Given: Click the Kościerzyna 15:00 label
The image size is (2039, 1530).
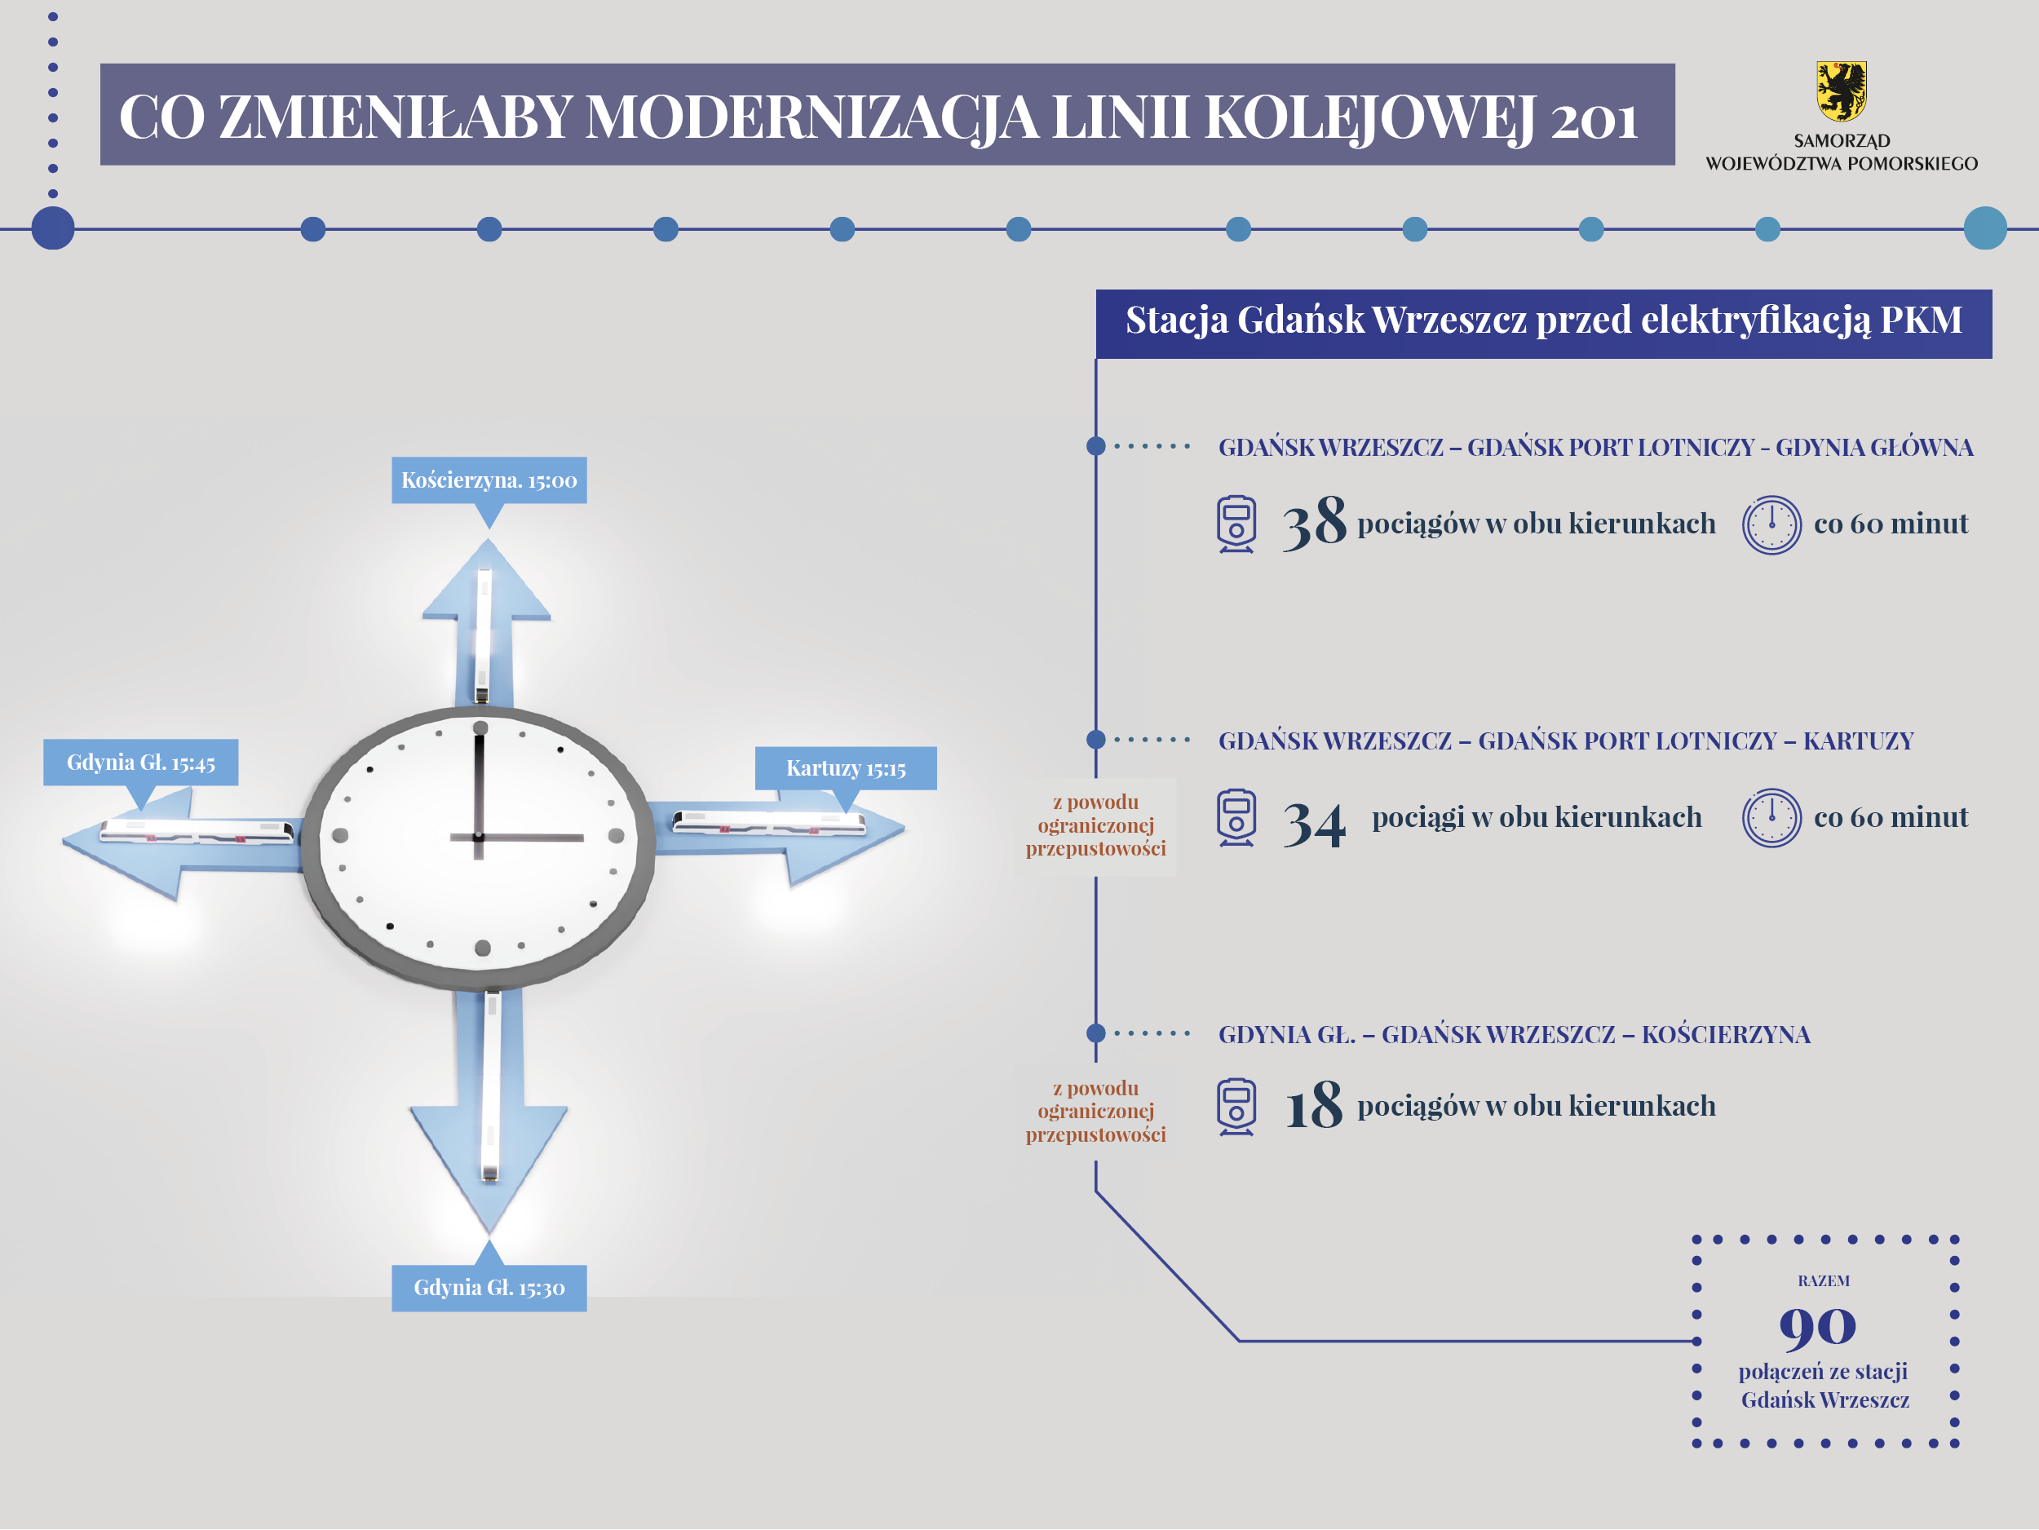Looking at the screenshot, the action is pos(489,480).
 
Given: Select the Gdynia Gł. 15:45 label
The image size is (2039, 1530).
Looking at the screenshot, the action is pos(141,763).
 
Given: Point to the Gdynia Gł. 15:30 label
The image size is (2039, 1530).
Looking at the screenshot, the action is pos(489,1288).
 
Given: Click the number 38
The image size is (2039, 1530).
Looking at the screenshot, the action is pos(1315,523).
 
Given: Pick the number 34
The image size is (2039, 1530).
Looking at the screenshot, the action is pos(1315,823).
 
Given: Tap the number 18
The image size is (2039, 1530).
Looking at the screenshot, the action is pos(1315,1104).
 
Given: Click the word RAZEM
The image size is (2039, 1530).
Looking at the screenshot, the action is pos(1824,1281).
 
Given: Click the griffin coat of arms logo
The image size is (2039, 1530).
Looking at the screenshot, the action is pos(1841,91).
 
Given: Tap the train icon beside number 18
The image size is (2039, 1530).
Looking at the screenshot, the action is pos(1236,1106).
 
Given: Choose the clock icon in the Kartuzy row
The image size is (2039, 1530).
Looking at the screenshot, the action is pos(1771,817).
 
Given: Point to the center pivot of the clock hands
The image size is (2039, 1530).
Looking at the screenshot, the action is pos(479,837).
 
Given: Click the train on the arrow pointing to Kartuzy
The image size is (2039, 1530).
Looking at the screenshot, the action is pos(769,821).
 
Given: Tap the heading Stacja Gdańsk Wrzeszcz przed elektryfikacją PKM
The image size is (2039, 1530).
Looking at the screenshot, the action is pos(1544,320).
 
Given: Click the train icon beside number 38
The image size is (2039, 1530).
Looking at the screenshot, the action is pos(1236,524).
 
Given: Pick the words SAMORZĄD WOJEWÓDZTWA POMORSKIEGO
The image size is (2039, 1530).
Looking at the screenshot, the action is pos(1842,152).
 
